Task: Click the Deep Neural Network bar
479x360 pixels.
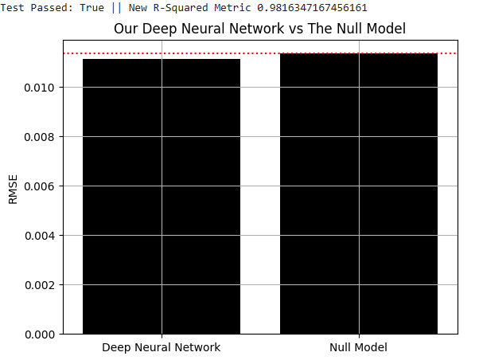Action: point(162,197)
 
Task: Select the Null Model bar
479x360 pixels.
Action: point(359,194)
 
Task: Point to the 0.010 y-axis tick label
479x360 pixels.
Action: point(39,88)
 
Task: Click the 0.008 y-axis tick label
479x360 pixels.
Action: point(39,137)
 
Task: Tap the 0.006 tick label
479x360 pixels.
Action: point(39,186)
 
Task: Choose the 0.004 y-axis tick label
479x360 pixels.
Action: point(39,236)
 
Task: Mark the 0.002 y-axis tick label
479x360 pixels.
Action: point(39,285)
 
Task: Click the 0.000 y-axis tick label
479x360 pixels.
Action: point(39,335)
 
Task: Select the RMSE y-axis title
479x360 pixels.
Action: point(13,190)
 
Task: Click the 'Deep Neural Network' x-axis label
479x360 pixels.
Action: point(162,347)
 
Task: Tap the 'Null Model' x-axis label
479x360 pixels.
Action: point(359,347)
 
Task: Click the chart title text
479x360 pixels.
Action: point(260,29)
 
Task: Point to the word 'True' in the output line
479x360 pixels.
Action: point(92,8)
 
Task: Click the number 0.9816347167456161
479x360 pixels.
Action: point(312,8)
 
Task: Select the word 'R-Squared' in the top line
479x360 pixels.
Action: point(181,8)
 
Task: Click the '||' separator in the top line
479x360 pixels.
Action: point(116,8)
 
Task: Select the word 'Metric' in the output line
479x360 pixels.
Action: point(232,8)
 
